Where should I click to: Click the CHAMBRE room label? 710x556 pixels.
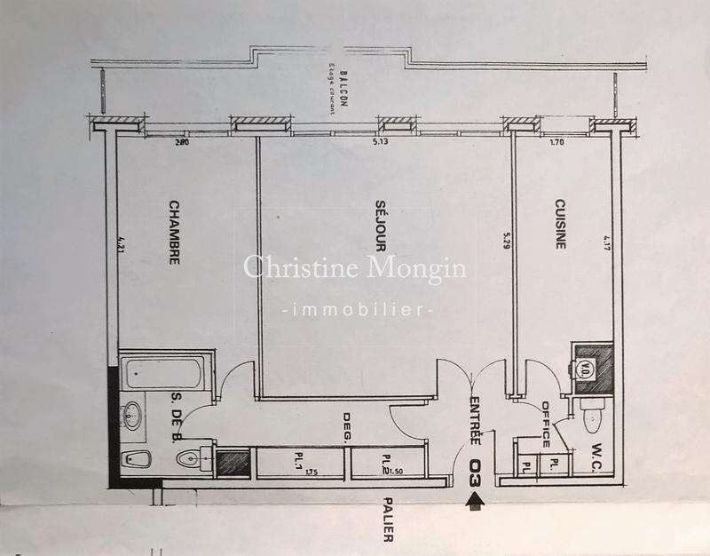(x=175, y=232)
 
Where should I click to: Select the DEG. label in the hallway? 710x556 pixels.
(x=347, y=428)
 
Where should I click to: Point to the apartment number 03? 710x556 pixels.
(x=476, y=472)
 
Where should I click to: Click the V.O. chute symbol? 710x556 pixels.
(x=586, y=367)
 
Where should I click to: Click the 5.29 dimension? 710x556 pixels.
(x=507, y=240)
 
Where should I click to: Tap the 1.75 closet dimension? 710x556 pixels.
(x=312, y=471)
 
